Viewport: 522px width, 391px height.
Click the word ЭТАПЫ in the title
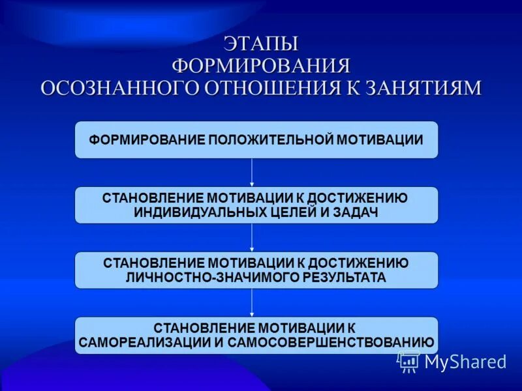click(x=261, y=44)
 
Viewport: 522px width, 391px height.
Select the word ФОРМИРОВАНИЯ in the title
click(x=261, y=66)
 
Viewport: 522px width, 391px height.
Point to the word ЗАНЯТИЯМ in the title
click(x=418, y=88)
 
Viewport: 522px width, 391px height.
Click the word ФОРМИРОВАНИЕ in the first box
click(x=147, y=139)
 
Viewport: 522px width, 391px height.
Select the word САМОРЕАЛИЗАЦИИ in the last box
click(x=142, y=342)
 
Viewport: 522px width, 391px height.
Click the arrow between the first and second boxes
click(x=252, y=173)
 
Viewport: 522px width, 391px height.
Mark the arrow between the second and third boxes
click(x=252, y=238)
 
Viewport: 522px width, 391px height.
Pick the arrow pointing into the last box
click(x=252, y=303)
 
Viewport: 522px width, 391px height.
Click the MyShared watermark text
click(x=465, y=362)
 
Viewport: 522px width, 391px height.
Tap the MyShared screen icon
click(x=409, y=361)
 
